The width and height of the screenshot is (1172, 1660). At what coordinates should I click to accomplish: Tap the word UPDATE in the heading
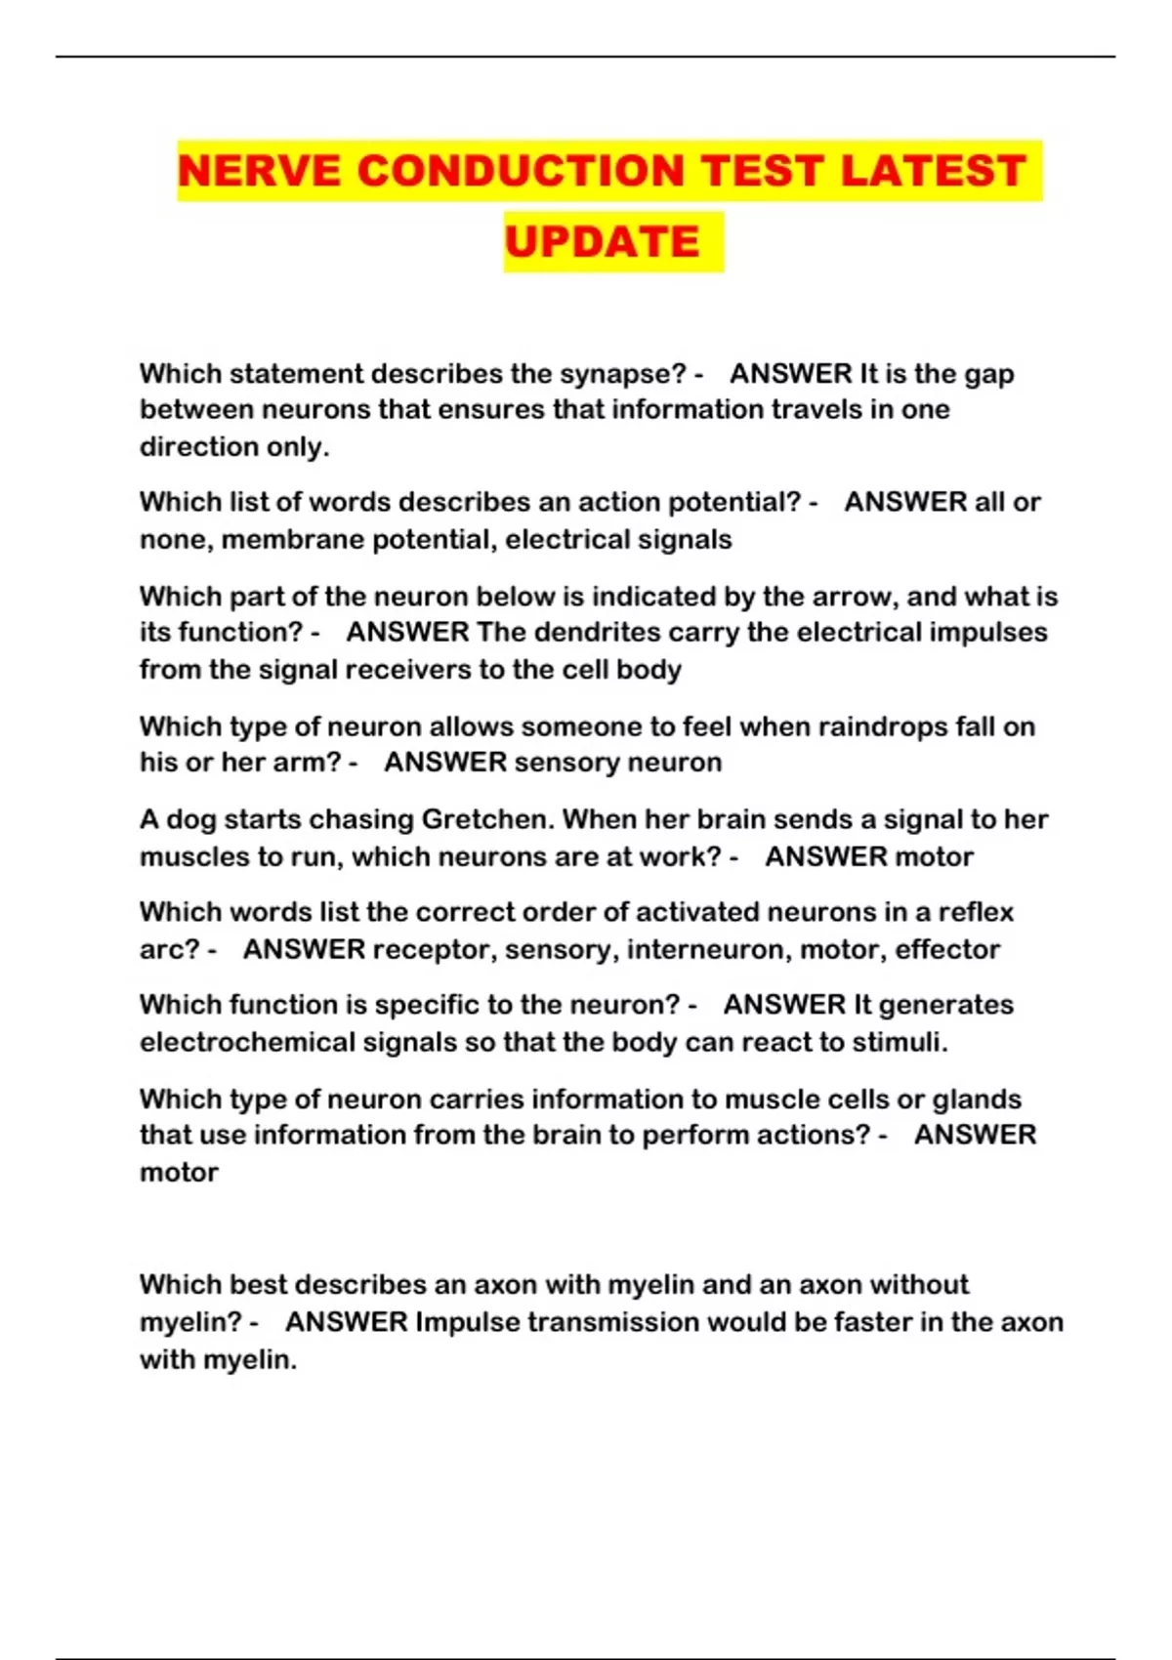(x=603, y=242)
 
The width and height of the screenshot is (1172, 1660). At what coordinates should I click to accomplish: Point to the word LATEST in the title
(x=932, y=171)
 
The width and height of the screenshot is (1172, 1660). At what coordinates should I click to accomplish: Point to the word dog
(x=191, y=819)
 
